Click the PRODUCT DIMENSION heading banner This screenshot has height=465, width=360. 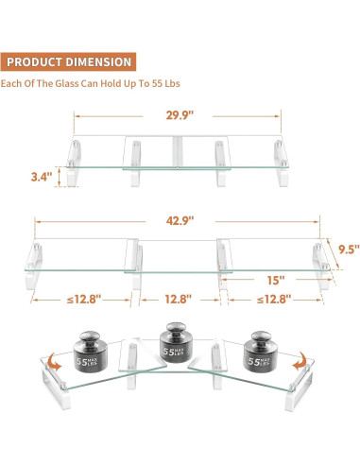point(68,61)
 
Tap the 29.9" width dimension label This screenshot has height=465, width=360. point(180,115)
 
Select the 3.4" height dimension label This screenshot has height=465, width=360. point(42,177)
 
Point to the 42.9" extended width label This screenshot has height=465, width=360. point(180,221)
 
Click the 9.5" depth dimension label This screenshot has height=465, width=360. point(349,250)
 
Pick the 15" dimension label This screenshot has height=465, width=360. point(276,280)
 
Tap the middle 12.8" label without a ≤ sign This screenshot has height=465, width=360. point(179,299)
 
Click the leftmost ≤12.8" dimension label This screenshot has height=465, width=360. point(84,299)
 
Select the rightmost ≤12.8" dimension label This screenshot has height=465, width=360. point(274,299)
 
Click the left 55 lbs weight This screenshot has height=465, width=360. point(90,352)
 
